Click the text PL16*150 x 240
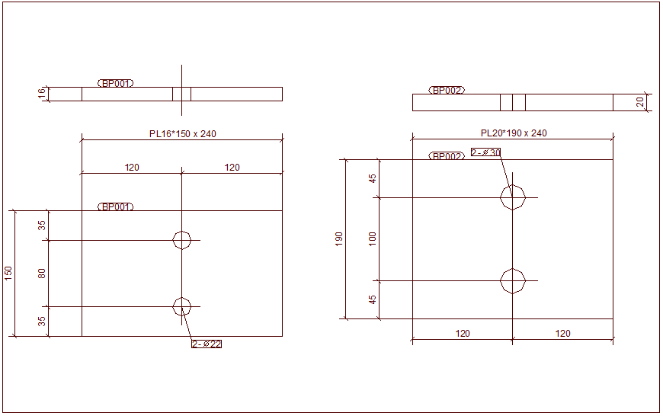click(x=182, y=134)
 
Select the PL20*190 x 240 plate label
click(x=513, y=133)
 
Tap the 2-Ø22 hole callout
click(x=207, y=344)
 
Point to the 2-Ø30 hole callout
click(x=485, y=152)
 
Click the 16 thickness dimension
click(x=42, y=93)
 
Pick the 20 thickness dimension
click(x=640, y=101)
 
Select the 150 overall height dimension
click(x=8, y=273)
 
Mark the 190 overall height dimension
click(x=339, y=238)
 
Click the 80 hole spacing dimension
click(x=42, y=273)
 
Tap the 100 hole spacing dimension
click(x=373, y=238)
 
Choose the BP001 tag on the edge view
click(x=116, y=83)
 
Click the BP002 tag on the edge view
click(x=447, y=90)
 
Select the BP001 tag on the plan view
click(x=116, y=206)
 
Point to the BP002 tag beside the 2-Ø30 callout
click(x=447, y=156)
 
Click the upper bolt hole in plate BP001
click(x=182, y=240)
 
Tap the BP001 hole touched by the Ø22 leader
click(x=182, y=306)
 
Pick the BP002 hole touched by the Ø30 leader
click(x=513, y=197)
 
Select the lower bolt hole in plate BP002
click(x=513, y=280)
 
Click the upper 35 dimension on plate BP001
click(x=42, y=226)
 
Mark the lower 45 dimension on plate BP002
click(x=373, y=299)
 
